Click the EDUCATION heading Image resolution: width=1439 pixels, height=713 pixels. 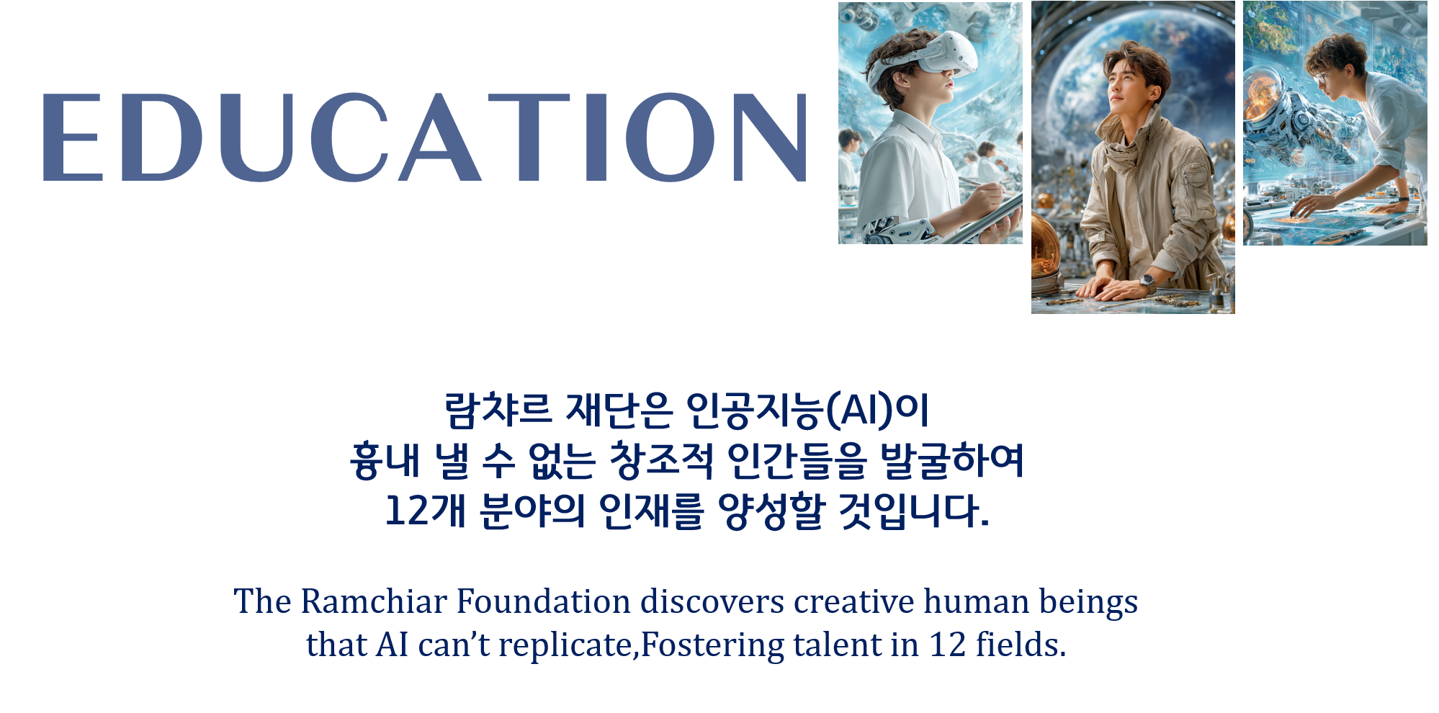coord(425,137)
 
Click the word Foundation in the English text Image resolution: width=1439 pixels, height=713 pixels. coord(544,601)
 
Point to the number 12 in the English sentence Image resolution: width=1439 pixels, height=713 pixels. coord(948,645)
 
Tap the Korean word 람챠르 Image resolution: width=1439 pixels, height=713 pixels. coord(498,410)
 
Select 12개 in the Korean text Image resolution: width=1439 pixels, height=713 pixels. coord(426,511)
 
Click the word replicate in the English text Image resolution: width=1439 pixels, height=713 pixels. coord(565,645)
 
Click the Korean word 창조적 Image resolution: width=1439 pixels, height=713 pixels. coord(661,460)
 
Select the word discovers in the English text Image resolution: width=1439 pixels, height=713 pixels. coord(712,601)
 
